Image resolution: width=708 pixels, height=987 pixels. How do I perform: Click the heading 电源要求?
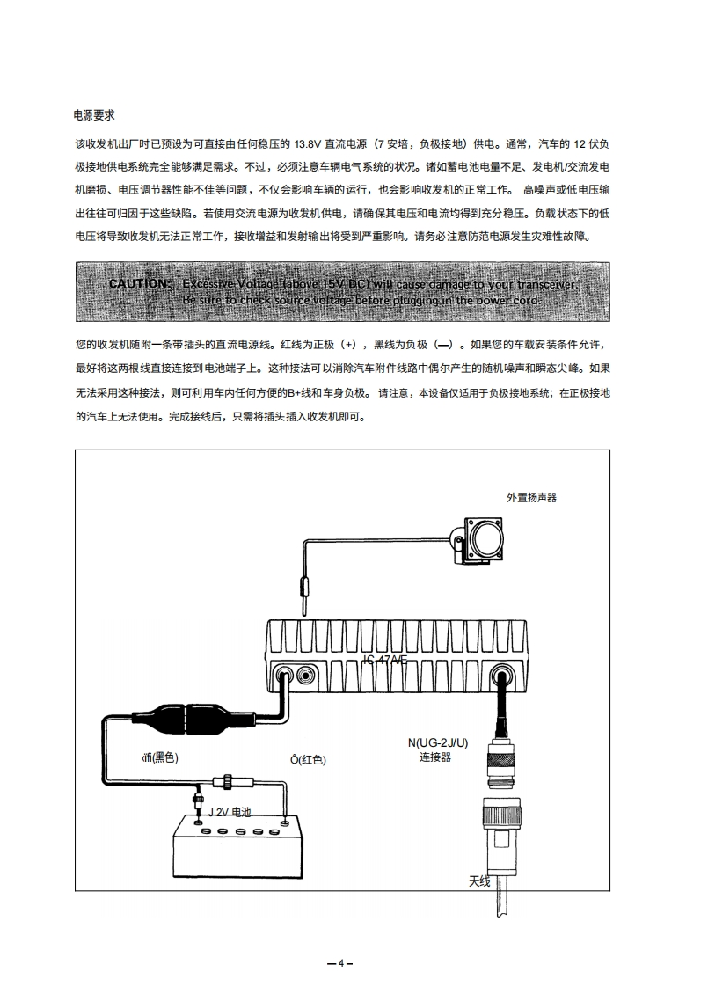pos(94,115)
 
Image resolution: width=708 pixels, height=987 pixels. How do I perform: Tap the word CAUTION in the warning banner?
pos(139,284)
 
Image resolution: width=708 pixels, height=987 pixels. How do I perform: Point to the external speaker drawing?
pos(484,537)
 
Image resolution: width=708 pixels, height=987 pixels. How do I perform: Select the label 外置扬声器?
pos(531,497)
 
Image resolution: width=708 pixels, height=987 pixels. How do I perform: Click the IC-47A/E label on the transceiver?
pos(385,661)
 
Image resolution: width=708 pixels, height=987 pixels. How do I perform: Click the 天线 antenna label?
pos(479,881)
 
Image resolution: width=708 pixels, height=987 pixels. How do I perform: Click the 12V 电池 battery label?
pos(230,812)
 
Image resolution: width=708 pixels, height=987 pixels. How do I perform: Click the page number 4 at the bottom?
pos(340,961)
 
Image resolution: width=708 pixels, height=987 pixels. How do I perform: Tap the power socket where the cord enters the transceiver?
pos(286,676)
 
